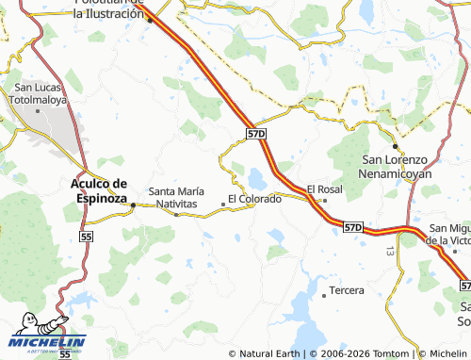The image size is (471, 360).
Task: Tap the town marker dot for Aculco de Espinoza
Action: click(x=133, y=205)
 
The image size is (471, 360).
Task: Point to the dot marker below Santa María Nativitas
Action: click(x=176, y=214)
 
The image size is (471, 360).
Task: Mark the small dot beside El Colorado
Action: click(x=222, y=203)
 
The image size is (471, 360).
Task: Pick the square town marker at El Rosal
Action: click(x=324, y=200)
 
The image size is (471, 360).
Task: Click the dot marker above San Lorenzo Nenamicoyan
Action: click(x=395, y=146)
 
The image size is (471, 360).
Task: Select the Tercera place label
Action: click(x=347, y=290)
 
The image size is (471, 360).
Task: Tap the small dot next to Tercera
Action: click(x=324, y=295)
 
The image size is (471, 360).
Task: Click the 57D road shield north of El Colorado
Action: click(x=256, y=135)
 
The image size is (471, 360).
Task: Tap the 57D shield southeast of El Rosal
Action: click(x=352, y=228)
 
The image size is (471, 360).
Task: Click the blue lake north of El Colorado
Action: click(x=255, y=177)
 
